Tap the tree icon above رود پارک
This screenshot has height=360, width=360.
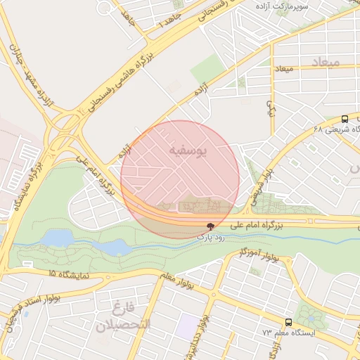(x=210, y=226)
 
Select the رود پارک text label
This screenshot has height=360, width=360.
(x=210, y=238)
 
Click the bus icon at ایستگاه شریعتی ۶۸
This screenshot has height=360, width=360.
(x=345, y=119)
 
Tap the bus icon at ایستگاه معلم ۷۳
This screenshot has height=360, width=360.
(x=289, y=322)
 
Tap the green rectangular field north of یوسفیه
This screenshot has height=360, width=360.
(x=206, y=70)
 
